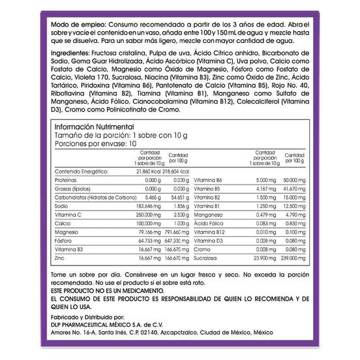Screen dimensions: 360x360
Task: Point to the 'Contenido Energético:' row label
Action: (81, 171)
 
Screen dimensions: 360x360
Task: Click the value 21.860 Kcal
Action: (145, 171)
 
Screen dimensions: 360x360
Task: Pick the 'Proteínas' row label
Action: (66, 179)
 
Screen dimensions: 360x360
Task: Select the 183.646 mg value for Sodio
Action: (145, 205)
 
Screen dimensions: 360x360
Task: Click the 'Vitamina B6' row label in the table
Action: (209, 179)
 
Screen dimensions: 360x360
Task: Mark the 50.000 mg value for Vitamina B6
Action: (292, 179)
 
